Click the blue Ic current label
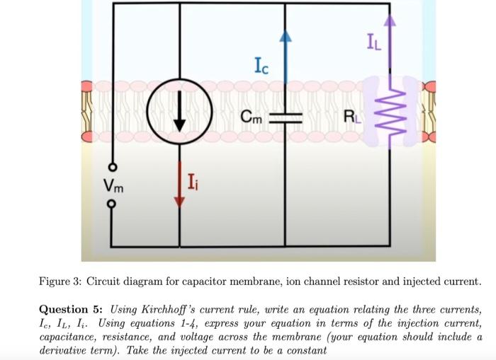coord(261,67)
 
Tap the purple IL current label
coord(373,45)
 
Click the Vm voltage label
coord(112,187)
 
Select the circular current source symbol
coord(179,116)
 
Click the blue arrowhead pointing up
coord(285,37)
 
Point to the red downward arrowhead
coord(179,200)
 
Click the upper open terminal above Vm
coord(111,168)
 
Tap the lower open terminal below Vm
coord(111,207)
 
